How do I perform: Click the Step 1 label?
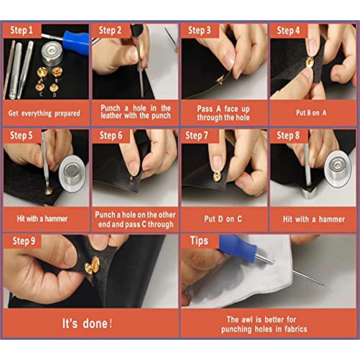pos(21,30)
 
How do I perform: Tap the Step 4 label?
pos(288,31)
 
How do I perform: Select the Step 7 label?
pos(197,135)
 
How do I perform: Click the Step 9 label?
pos(24,241)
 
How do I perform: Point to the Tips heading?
pos(199,240)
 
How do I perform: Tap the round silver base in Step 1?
pos(52,54)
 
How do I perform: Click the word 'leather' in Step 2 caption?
pos(111,116)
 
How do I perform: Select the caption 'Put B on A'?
pos(311,113)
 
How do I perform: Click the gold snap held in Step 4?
pos(310,62)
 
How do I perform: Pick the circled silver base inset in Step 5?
pos(72,174)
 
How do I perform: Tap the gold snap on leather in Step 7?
pos(217,175)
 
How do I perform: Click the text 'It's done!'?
pos(87,323)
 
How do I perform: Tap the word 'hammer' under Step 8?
pos(332,219)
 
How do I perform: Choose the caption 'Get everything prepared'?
pos(44,113)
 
